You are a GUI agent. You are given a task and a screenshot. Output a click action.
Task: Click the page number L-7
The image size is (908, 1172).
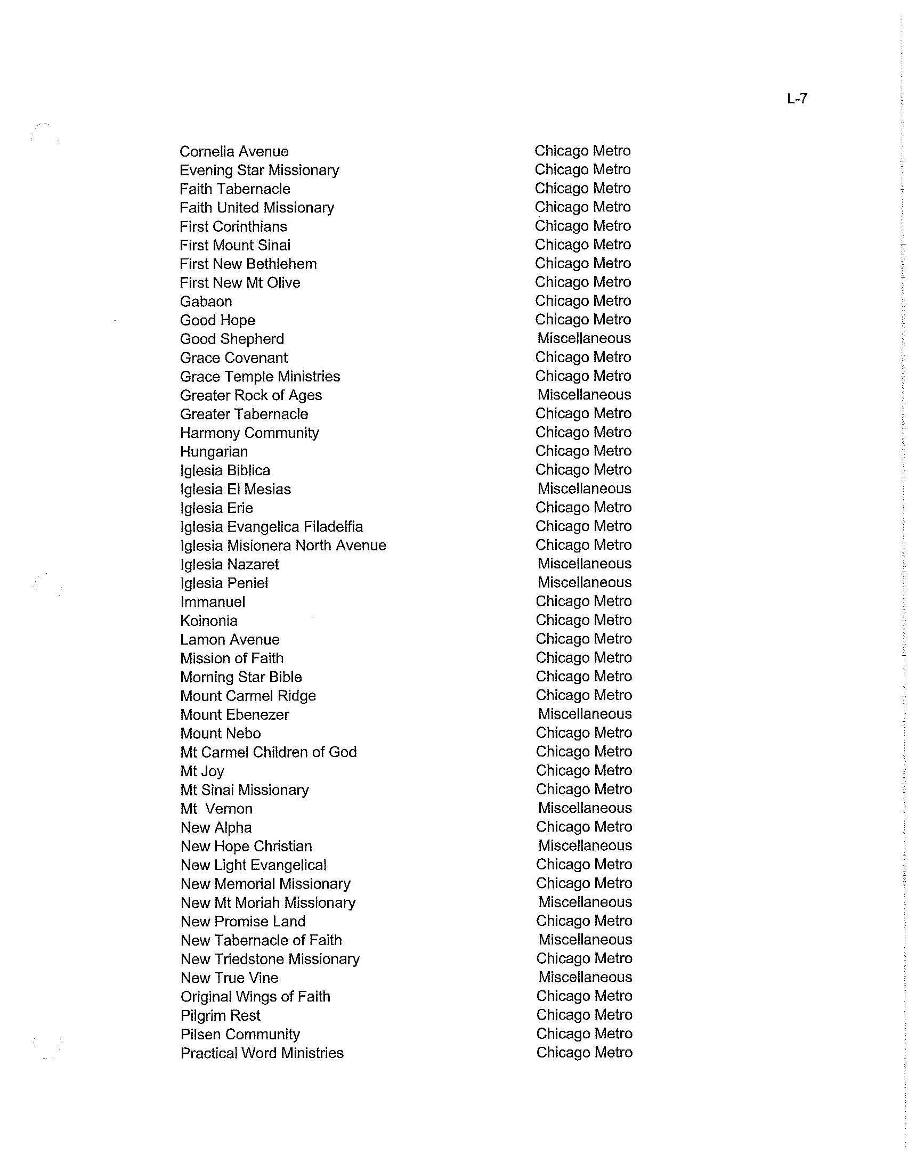coord(797,99)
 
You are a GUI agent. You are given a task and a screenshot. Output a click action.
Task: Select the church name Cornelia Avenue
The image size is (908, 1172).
coord(234,151)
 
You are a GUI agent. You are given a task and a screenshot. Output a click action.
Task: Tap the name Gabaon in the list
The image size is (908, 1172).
coord(206,302)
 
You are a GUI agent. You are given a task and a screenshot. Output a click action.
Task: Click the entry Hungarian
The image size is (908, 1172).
coord(214,452)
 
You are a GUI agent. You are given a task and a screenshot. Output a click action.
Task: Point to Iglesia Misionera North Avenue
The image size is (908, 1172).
coord(283,546)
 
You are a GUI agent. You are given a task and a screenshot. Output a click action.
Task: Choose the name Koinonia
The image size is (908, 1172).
coord(209,621)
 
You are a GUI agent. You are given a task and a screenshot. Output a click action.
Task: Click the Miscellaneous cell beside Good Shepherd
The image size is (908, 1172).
coord(584,339)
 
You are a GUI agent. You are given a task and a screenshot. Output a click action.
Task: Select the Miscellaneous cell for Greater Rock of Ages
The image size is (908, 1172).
coord(584,395)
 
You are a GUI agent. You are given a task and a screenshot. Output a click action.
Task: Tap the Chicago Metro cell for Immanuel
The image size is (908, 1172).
coord(584,601)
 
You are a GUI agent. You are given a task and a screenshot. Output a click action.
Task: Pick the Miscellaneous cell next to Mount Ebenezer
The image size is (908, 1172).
coord(585,714)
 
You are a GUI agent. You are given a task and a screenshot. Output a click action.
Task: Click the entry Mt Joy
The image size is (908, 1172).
coord(202,772)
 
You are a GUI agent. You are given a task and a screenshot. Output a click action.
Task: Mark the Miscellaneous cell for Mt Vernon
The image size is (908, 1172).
coord(585,808)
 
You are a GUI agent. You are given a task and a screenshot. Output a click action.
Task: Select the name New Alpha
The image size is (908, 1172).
coord(216,828)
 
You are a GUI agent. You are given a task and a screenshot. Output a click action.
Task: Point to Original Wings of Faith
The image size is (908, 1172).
coord(255,997)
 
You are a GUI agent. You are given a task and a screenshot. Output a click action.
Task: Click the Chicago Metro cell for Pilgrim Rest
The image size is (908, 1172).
coord(585,1015)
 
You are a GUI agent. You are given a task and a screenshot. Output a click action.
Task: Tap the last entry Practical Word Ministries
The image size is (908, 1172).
coord(262,1053)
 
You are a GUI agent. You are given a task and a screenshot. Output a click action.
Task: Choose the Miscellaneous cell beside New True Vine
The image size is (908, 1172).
coord(585,977)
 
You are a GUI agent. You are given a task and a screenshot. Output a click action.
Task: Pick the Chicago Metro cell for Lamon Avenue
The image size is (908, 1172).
coord(584,639)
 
